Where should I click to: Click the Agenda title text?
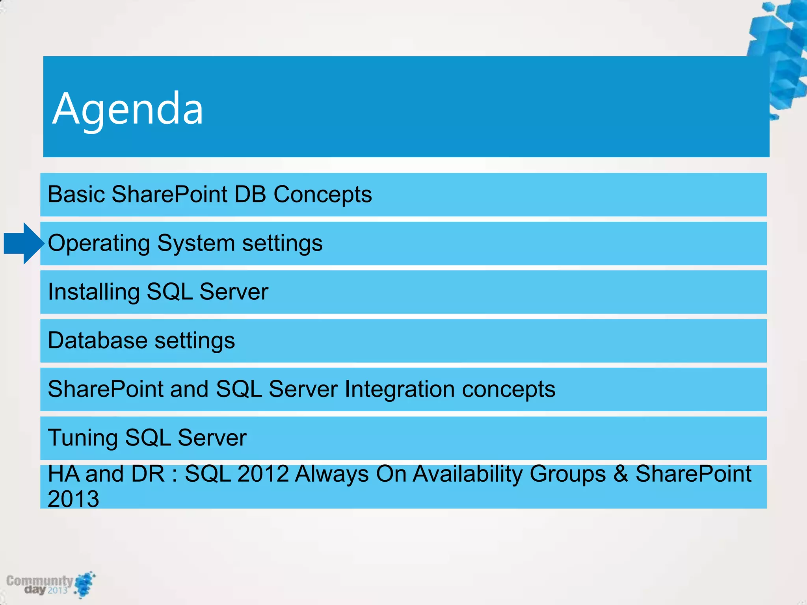click(128, 109)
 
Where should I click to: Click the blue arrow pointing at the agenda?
click(23, 243)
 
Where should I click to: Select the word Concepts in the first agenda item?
click(322, 194)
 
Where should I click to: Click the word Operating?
click(99, 243)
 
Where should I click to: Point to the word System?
click(196, 243)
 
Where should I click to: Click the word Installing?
click(93, 292)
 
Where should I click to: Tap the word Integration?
click(400, 389)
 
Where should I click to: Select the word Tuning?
click(82, 438)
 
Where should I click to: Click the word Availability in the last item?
click(467, 474)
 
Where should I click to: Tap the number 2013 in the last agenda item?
click(73, 499)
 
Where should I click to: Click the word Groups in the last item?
click(567, 474)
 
